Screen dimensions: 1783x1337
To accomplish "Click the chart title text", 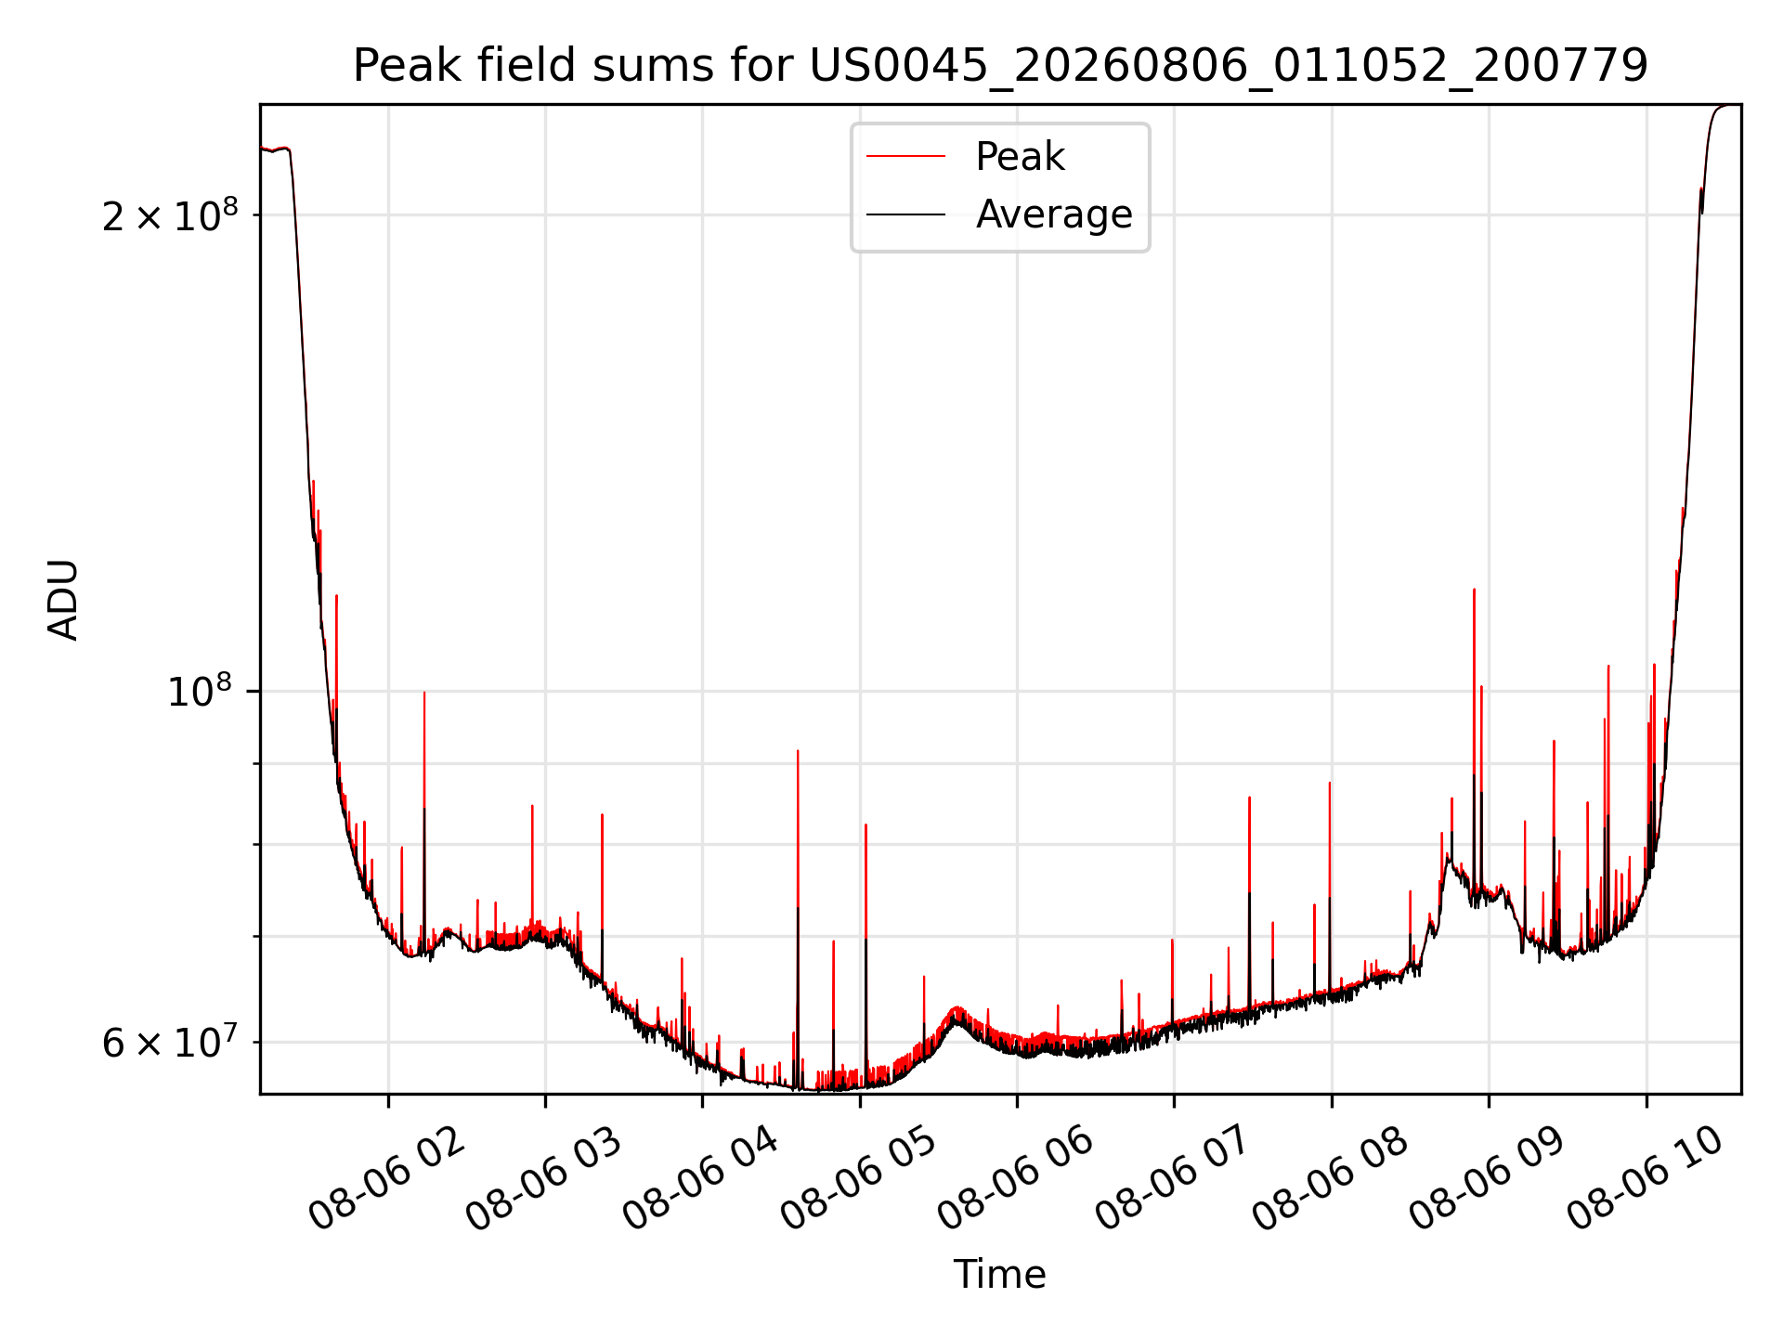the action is click(1000, 65).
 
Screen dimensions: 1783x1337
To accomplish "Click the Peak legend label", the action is click(1020, 157).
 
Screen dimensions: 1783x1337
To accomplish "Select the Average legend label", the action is click(1054, 214).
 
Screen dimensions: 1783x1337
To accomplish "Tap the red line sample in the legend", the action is click(905, 157).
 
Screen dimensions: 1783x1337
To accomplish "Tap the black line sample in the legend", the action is click(905, 214).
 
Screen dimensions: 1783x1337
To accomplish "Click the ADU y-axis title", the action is click(63, 600).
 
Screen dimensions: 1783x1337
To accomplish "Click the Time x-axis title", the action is click(1000, 1275).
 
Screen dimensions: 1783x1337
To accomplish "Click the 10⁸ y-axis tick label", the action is click(199, 691).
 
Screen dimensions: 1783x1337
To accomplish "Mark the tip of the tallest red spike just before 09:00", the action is click(1474, 590).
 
